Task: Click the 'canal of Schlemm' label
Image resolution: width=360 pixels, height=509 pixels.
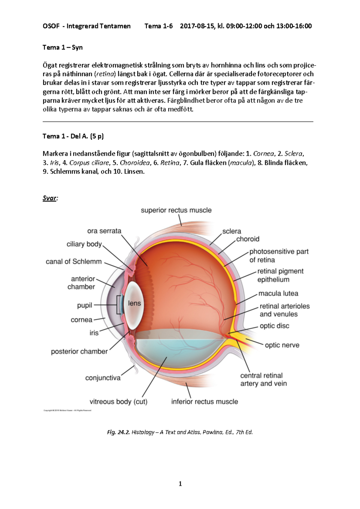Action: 73,262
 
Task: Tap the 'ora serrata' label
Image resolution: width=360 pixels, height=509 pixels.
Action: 104,231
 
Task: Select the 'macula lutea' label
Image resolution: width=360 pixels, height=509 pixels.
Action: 278,293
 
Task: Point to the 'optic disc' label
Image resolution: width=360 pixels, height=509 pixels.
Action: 274,326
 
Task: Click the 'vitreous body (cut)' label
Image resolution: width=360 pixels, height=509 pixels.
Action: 118,402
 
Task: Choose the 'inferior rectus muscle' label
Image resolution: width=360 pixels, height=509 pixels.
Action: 205,402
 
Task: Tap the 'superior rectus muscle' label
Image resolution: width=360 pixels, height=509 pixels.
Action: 176,210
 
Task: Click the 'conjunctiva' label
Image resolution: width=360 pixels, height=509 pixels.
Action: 103,378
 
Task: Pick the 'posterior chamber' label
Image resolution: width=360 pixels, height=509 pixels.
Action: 79,352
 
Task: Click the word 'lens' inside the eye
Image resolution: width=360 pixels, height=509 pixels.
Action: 134,303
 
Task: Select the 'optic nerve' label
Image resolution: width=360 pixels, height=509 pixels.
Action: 282,345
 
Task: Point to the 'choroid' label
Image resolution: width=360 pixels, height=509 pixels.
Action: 247,239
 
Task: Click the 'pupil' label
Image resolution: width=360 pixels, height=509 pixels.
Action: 85,305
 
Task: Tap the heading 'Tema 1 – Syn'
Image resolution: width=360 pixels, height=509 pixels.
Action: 62,47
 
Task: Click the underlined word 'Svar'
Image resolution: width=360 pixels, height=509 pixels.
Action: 49,198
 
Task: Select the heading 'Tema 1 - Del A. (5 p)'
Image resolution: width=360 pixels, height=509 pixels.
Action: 73,136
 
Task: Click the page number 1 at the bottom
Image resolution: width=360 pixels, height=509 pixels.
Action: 180,484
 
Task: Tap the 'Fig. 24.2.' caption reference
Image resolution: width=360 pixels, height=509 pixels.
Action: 118,432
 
